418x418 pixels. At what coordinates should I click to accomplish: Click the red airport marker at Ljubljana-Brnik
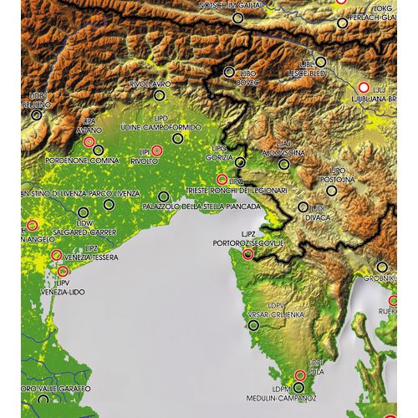(363, 87)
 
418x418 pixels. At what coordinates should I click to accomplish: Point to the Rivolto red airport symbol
(156, 150)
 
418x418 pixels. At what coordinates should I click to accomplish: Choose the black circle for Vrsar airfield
(254, 325)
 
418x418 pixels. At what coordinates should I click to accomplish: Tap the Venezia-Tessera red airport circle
(56, 256)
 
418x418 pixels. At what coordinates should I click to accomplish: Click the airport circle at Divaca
(301, 206)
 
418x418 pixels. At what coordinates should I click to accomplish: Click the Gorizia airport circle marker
(241, 162)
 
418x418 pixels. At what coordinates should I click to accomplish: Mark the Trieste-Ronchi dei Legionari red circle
(222, 180)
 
